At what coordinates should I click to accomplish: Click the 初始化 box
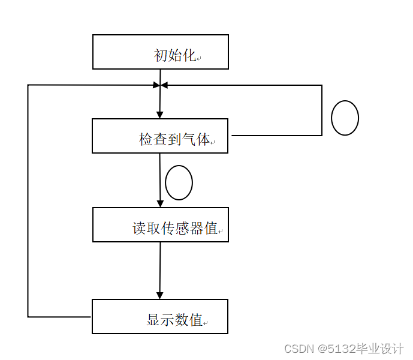pos(160,52)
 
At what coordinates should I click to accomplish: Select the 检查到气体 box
pos(160,136)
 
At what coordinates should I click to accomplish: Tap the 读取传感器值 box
pos(160,224)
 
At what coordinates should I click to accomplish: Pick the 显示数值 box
pos(160,316)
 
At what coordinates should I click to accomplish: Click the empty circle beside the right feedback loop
pos(345,118)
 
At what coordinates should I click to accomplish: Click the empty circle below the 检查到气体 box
pos(179,182)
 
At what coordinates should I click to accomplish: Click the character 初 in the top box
pos(161,56)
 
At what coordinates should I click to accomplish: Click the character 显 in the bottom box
pos(153,320)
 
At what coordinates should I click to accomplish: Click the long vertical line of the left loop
pos(28,201)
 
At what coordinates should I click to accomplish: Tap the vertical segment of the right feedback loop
pos(322,110)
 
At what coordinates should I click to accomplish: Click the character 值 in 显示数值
pos(196,320)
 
